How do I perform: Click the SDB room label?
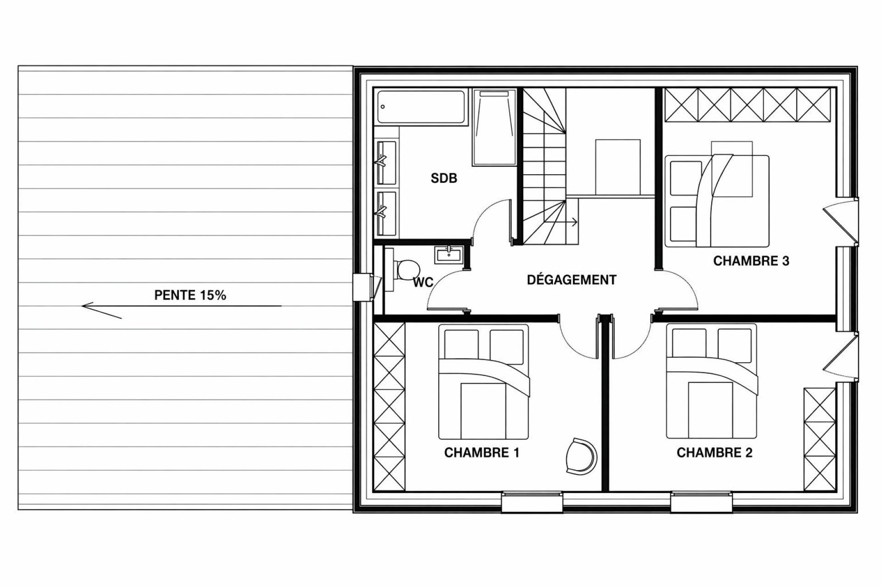click(x=444, y=178)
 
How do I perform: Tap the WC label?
click(x=423, y=282)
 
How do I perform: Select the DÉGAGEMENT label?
click(x=571, y=279)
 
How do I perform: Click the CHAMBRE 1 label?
click(x=482, y=453)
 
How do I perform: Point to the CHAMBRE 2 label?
click(x=714, y=453)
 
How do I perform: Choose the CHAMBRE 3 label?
click(x=751, y=261)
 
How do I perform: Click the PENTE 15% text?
click(x=190, y=295)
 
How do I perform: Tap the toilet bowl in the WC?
click(x=407, y=270)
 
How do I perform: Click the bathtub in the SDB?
click(x=421, y=107)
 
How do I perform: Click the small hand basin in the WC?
click(x=450, y=255)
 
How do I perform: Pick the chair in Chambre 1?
click(x=581, y=456)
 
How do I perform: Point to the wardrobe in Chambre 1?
click(x=390, y=406)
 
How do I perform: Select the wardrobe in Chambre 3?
click(x=747, y=105)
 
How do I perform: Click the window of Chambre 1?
click(x=532, y=502)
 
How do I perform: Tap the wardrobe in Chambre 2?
click(x=820, y=439)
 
